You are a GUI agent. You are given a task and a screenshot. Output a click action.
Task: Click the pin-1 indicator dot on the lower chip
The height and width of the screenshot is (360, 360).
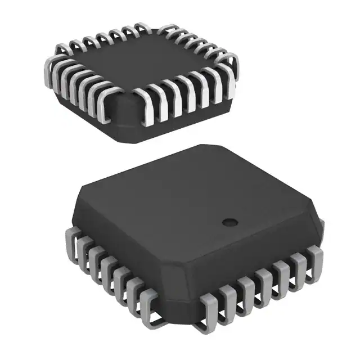pos(229,221)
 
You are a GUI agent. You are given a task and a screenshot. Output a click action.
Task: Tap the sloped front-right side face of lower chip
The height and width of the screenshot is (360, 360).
pos(253,250)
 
